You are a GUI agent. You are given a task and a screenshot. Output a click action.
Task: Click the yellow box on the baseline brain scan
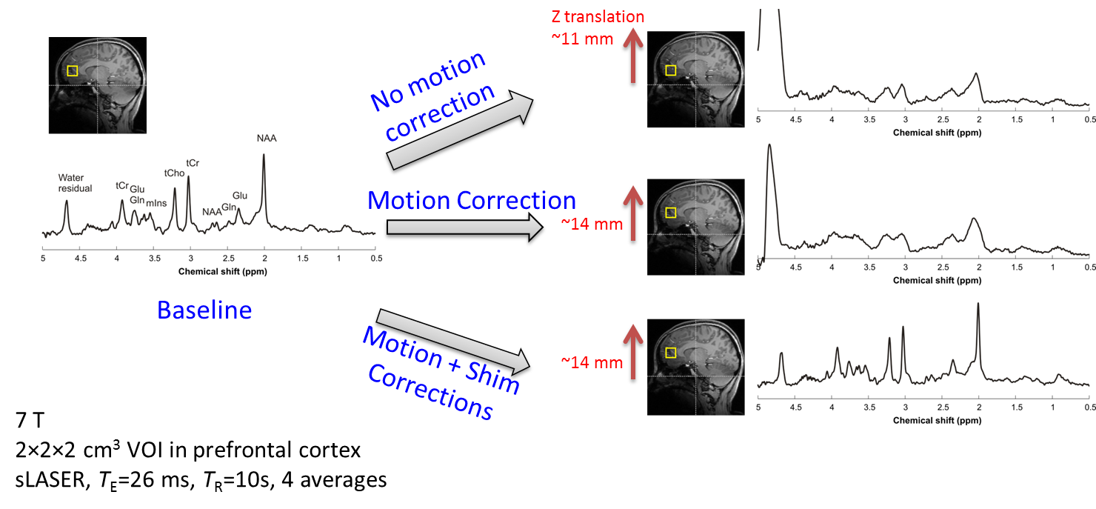point(72,71)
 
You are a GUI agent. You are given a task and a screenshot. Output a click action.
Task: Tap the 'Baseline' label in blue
point(204,310)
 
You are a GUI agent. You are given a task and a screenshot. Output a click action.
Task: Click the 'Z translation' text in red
point(598,16)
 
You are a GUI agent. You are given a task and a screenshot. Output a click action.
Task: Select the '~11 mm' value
point(582,39)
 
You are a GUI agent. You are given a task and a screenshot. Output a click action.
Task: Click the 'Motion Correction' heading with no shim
point(472,200)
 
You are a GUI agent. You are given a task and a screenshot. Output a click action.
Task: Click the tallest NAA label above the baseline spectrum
point(267,138)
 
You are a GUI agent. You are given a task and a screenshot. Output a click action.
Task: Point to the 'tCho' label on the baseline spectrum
point(174,172)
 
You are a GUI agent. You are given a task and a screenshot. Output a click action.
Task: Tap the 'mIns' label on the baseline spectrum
point(156,202)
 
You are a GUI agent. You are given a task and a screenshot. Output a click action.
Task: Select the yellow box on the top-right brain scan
point(671,70)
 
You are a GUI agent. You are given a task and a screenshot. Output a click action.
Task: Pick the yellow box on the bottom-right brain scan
point(671,353)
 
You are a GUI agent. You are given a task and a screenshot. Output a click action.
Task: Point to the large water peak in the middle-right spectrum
point(770,148)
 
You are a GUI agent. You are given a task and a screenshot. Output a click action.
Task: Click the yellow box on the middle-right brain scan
point(671,213)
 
